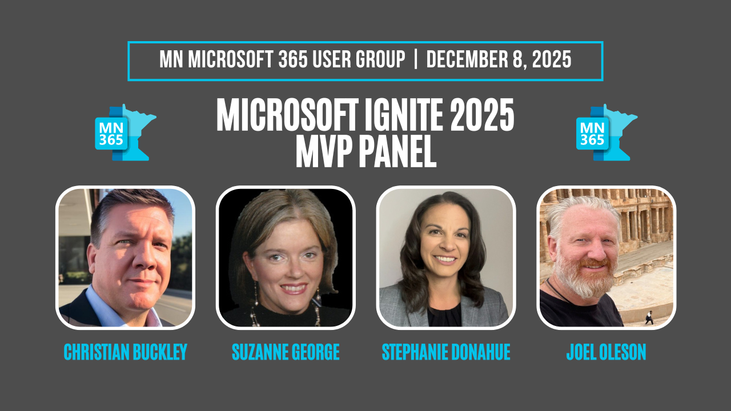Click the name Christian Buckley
pos(126,352)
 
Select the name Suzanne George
pos(286,352)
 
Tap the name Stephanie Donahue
pos(446,352)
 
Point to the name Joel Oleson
pos(607,352)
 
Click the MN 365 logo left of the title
pos(125,132)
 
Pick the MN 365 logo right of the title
pos(607,132)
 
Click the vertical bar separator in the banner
pos(416,59)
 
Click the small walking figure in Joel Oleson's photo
pos(649,318)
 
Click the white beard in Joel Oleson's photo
pos(584,277)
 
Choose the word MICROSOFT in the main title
pos(287,115)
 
